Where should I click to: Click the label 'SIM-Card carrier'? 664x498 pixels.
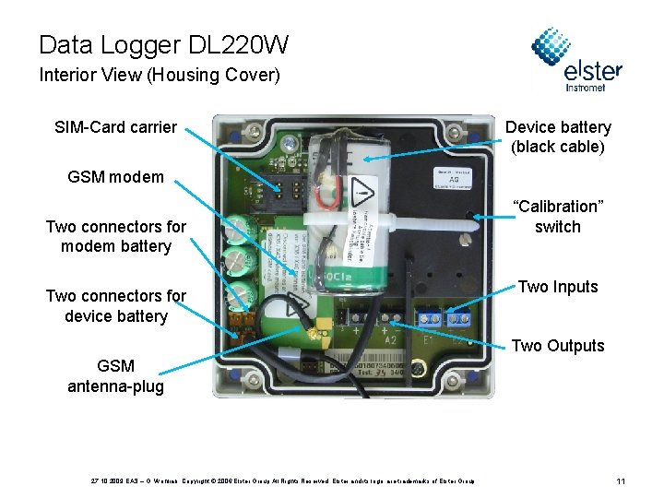pyautogui.click(x=115, y=126)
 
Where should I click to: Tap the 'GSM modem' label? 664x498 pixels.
pyautogui.click(x=115, y=177)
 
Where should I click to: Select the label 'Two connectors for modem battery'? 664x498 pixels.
pyautogui.click(x=115, y=236)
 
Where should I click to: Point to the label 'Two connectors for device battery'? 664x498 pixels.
pyautogui.click(x=115, y=306)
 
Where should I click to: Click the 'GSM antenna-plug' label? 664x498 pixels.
pyautogui.click(x=115, y=376)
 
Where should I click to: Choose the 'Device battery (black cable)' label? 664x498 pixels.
pyautogui.click(x=558, y=136)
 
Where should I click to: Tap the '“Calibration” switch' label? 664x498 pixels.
pyautogui.click(x=558, y=217)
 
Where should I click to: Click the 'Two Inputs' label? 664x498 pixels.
pyautogui.click(x=558, y=287)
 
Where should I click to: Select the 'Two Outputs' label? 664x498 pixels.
pyautogui.click(x=558, y=346)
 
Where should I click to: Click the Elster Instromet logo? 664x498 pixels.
pyautogui.click(x=576, y=60)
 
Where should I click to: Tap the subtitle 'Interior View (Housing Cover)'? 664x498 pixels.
pyautogui.click(x=159, y=75)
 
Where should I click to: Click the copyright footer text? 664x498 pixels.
pyautogui.click(x=282, y=481)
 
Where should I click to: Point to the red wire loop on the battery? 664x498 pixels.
pyautogui.click(x=324, y=196)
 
